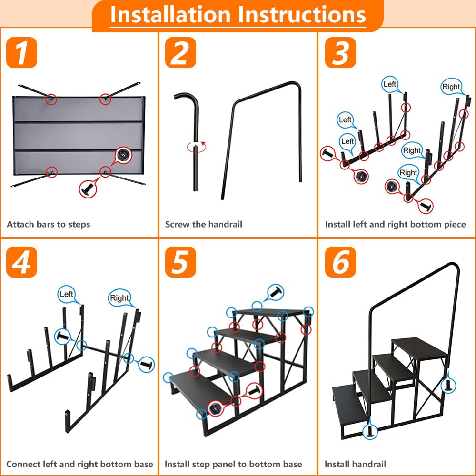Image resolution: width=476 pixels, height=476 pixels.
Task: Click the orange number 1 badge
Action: (21, 53)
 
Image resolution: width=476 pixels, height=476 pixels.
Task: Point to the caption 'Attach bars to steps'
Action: (48, 224)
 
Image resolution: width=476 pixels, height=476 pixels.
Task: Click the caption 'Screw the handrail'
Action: (203, 224)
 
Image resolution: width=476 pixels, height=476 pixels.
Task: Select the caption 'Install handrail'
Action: (355, 464)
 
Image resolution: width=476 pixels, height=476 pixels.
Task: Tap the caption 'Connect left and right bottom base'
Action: (79, 464)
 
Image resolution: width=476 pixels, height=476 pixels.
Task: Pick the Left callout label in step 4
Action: (67, 294)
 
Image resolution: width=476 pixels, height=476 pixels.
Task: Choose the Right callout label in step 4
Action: (119, 298)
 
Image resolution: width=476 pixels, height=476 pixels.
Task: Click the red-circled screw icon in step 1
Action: (87, 189)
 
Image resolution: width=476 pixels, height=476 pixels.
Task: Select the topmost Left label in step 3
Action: (389, 84)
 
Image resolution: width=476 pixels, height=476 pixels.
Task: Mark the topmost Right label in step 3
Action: (451, 87)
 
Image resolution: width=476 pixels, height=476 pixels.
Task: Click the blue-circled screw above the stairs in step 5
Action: (275, 291)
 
